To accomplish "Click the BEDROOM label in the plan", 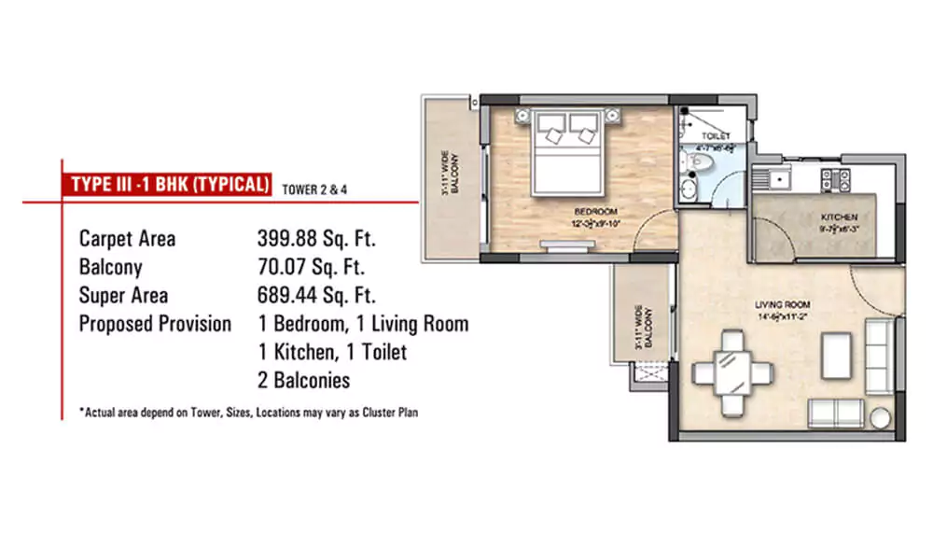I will (x=592, y=212).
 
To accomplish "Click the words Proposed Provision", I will (x=155, y=325).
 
